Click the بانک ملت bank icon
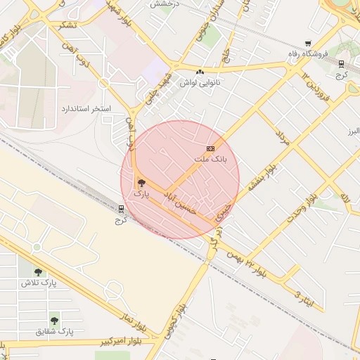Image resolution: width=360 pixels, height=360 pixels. coord(210,149)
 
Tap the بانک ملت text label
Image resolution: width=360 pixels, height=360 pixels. coord(211,160)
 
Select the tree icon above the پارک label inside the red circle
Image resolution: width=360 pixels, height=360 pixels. coord(141,183)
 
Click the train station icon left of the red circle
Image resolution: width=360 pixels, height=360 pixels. coord(122,208)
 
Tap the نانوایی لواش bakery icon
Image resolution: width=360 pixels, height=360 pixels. coord(201,72)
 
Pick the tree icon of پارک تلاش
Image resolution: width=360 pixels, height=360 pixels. coord(38,272)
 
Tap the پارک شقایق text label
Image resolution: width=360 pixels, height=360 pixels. coord(57,330)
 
